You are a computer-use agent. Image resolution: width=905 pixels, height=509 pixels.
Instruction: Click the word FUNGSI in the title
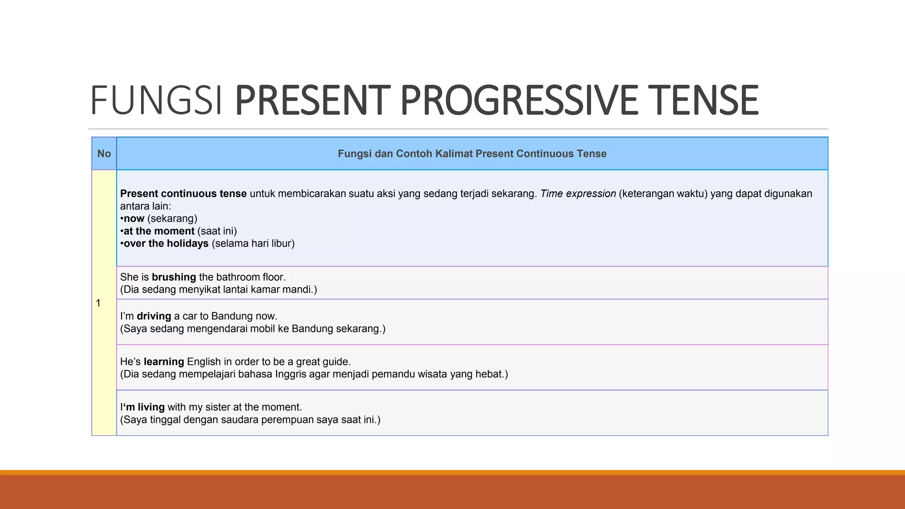tap(156, 101)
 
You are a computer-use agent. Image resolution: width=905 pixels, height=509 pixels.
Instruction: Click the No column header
tap(104, 154)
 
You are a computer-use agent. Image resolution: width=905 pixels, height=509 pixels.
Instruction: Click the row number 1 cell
tap(99, 303)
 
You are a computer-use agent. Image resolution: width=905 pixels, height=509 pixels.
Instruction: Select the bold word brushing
tap(174, 277)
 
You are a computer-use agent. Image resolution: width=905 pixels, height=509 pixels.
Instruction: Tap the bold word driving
tap(154, 316)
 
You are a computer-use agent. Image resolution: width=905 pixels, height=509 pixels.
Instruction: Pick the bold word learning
tap(164, 362)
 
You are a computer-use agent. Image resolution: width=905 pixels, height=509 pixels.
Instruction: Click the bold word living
tap(151, 407)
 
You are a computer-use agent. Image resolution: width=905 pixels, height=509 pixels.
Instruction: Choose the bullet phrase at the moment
tap(159, 231)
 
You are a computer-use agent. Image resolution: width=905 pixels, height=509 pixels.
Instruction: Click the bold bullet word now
tap(134, 219)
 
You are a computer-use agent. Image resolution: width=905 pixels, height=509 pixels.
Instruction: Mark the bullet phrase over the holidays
tap(166, 243)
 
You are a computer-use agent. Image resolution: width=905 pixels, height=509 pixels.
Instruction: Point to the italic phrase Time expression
tap(578, 194)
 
